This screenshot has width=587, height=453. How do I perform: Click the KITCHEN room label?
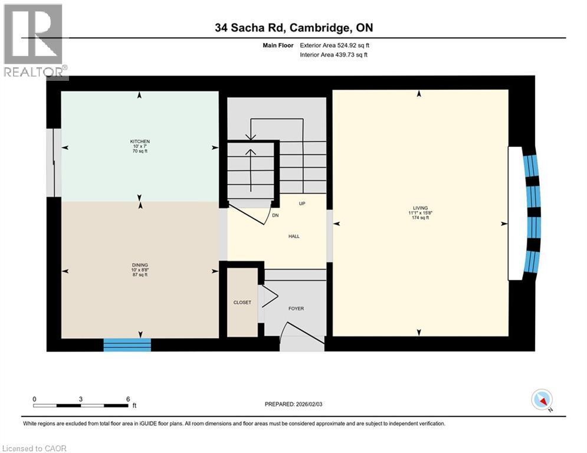(140, 142)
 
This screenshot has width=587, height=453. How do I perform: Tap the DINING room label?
(140, 265)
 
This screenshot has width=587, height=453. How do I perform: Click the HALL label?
(294, 236)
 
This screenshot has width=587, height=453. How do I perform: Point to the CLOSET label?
(242, 303)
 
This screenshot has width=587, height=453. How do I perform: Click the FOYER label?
(296, 308)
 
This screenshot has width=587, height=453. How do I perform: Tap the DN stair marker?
(275, 215)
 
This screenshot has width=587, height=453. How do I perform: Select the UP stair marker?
(301, 203)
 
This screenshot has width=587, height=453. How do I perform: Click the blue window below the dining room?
(127, 345)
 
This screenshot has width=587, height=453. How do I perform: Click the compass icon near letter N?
(540, 399)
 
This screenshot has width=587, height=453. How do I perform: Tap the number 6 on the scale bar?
(128, 398)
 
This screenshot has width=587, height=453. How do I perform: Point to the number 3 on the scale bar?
(81, 398)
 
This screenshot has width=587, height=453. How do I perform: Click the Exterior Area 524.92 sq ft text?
(335, 45)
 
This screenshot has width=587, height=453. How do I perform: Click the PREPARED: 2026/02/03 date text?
(294, 404)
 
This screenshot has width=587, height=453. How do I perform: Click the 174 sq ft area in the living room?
(419, 218)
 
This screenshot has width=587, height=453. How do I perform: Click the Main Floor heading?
(280, 45)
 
